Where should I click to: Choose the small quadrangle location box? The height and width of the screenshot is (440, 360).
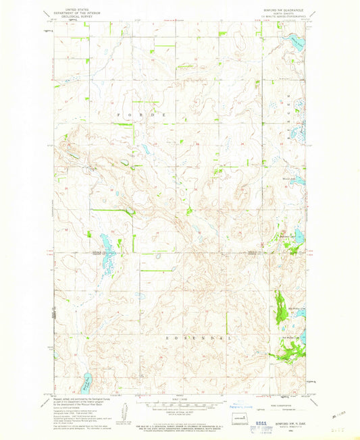(x=234, y=418)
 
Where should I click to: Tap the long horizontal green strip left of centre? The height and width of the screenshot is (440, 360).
(x=109, y=211)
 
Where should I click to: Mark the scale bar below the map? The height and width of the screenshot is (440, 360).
(x=178, y=405)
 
